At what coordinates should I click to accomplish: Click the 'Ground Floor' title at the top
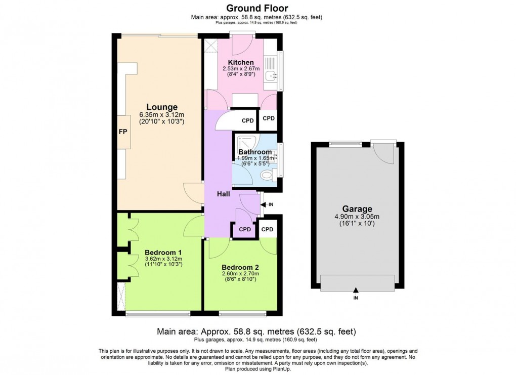pos(257,8)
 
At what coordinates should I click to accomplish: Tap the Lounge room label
pos(162,107)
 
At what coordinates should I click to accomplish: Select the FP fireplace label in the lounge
pos(122,132)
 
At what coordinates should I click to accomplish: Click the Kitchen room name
pos(241,62)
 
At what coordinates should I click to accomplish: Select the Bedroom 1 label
pos(163,252)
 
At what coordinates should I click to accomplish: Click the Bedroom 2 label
pos(241,267)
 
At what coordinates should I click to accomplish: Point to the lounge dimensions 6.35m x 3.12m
pos(162,115)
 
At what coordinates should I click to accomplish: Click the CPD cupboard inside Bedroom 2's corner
pos(267,229)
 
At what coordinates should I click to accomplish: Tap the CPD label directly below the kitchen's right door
pos(269,118)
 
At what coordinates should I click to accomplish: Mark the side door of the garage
pos(383,152)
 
